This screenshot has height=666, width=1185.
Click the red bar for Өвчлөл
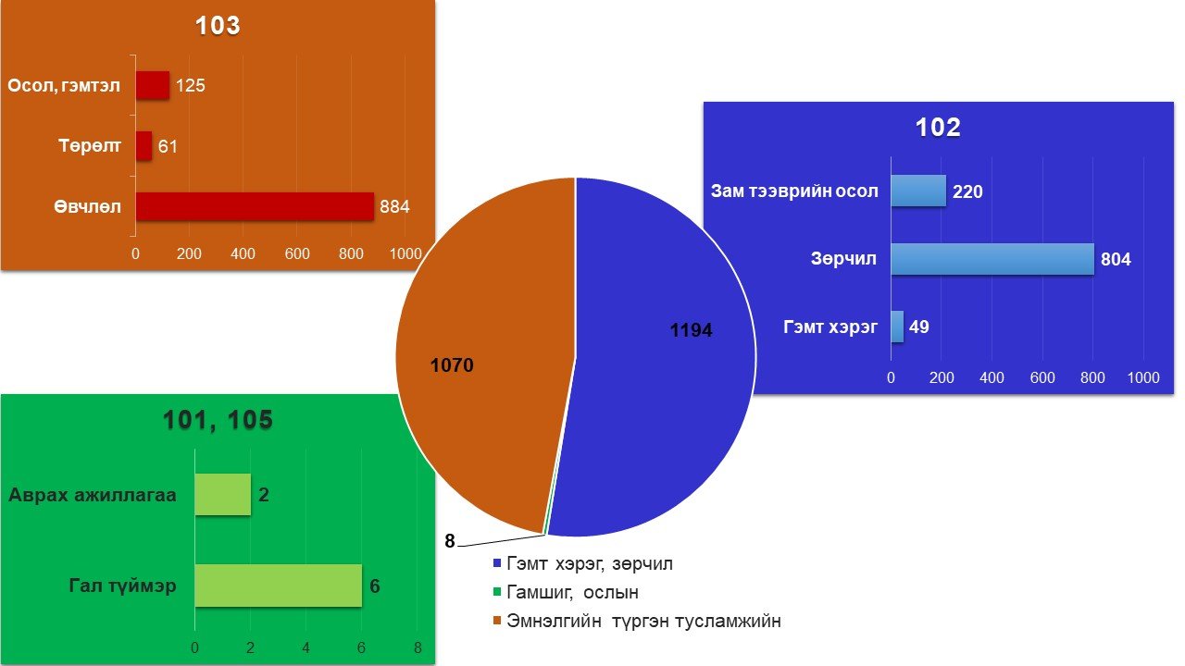click(255, 206)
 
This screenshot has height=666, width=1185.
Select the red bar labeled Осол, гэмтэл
click(153, 85)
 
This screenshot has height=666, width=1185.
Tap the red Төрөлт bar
click(143, 146)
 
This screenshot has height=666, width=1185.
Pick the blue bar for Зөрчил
click(992, 259)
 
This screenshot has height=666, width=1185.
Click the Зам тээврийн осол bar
click(918, 191)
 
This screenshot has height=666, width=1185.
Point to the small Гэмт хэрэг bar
click(897, 327)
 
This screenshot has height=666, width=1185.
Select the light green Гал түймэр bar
click(279, 586)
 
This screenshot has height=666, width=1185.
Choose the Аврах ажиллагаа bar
click(223, 494)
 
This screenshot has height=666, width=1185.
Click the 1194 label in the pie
click(691, 330)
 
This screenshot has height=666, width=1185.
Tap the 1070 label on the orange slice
click(452, 365)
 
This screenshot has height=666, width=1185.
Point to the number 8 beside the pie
click(450, 541)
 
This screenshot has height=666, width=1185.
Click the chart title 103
click(218, 25)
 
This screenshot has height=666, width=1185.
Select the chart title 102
click(938, 128)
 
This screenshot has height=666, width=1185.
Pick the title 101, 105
click(218, 420)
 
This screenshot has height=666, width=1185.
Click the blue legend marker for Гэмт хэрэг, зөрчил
click(497, 563)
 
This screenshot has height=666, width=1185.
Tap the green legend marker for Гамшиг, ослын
click(497, 592)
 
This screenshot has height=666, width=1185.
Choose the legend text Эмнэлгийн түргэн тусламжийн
click(643, 621)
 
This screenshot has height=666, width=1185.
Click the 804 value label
click(1116, 260)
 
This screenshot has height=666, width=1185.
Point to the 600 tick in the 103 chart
click(297, 253)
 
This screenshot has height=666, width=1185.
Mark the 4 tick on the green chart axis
click(306, 647)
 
